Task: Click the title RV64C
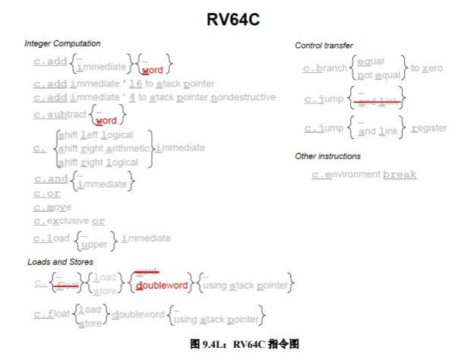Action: pos(233,20)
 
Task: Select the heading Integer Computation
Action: pos(62,43)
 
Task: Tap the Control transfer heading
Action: pos(324,46)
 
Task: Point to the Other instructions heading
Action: pos(328,156)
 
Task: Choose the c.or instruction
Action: pos(47,194)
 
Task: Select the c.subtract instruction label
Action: pos(60,115)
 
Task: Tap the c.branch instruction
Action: pos(325,68)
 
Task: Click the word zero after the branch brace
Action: pos(432,68)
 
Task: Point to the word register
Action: pos(429,128)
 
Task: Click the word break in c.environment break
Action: pos(399,175)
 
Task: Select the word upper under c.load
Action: pos(94,245)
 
